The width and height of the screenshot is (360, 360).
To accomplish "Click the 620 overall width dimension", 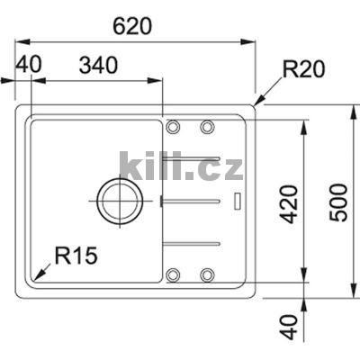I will click(133, 26).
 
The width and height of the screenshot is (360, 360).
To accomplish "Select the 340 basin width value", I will click(102, 66).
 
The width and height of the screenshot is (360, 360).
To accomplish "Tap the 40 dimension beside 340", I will click(29, 66).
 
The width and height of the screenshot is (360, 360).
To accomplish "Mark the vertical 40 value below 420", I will click(288, 325).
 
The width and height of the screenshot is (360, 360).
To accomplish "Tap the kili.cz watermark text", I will click(180, 166).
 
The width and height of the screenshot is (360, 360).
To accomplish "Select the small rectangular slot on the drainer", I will click(237, 200).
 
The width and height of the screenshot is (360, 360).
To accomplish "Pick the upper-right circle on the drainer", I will click(207, 126).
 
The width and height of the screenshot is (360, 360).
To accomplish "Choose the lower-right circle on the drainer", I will click(207, 274).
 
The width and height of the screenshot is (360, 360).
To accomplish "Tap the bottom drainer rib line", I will click(193, 242).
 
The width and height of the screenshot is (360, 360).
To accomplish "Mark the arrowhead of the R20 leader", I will click(256, 105).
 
